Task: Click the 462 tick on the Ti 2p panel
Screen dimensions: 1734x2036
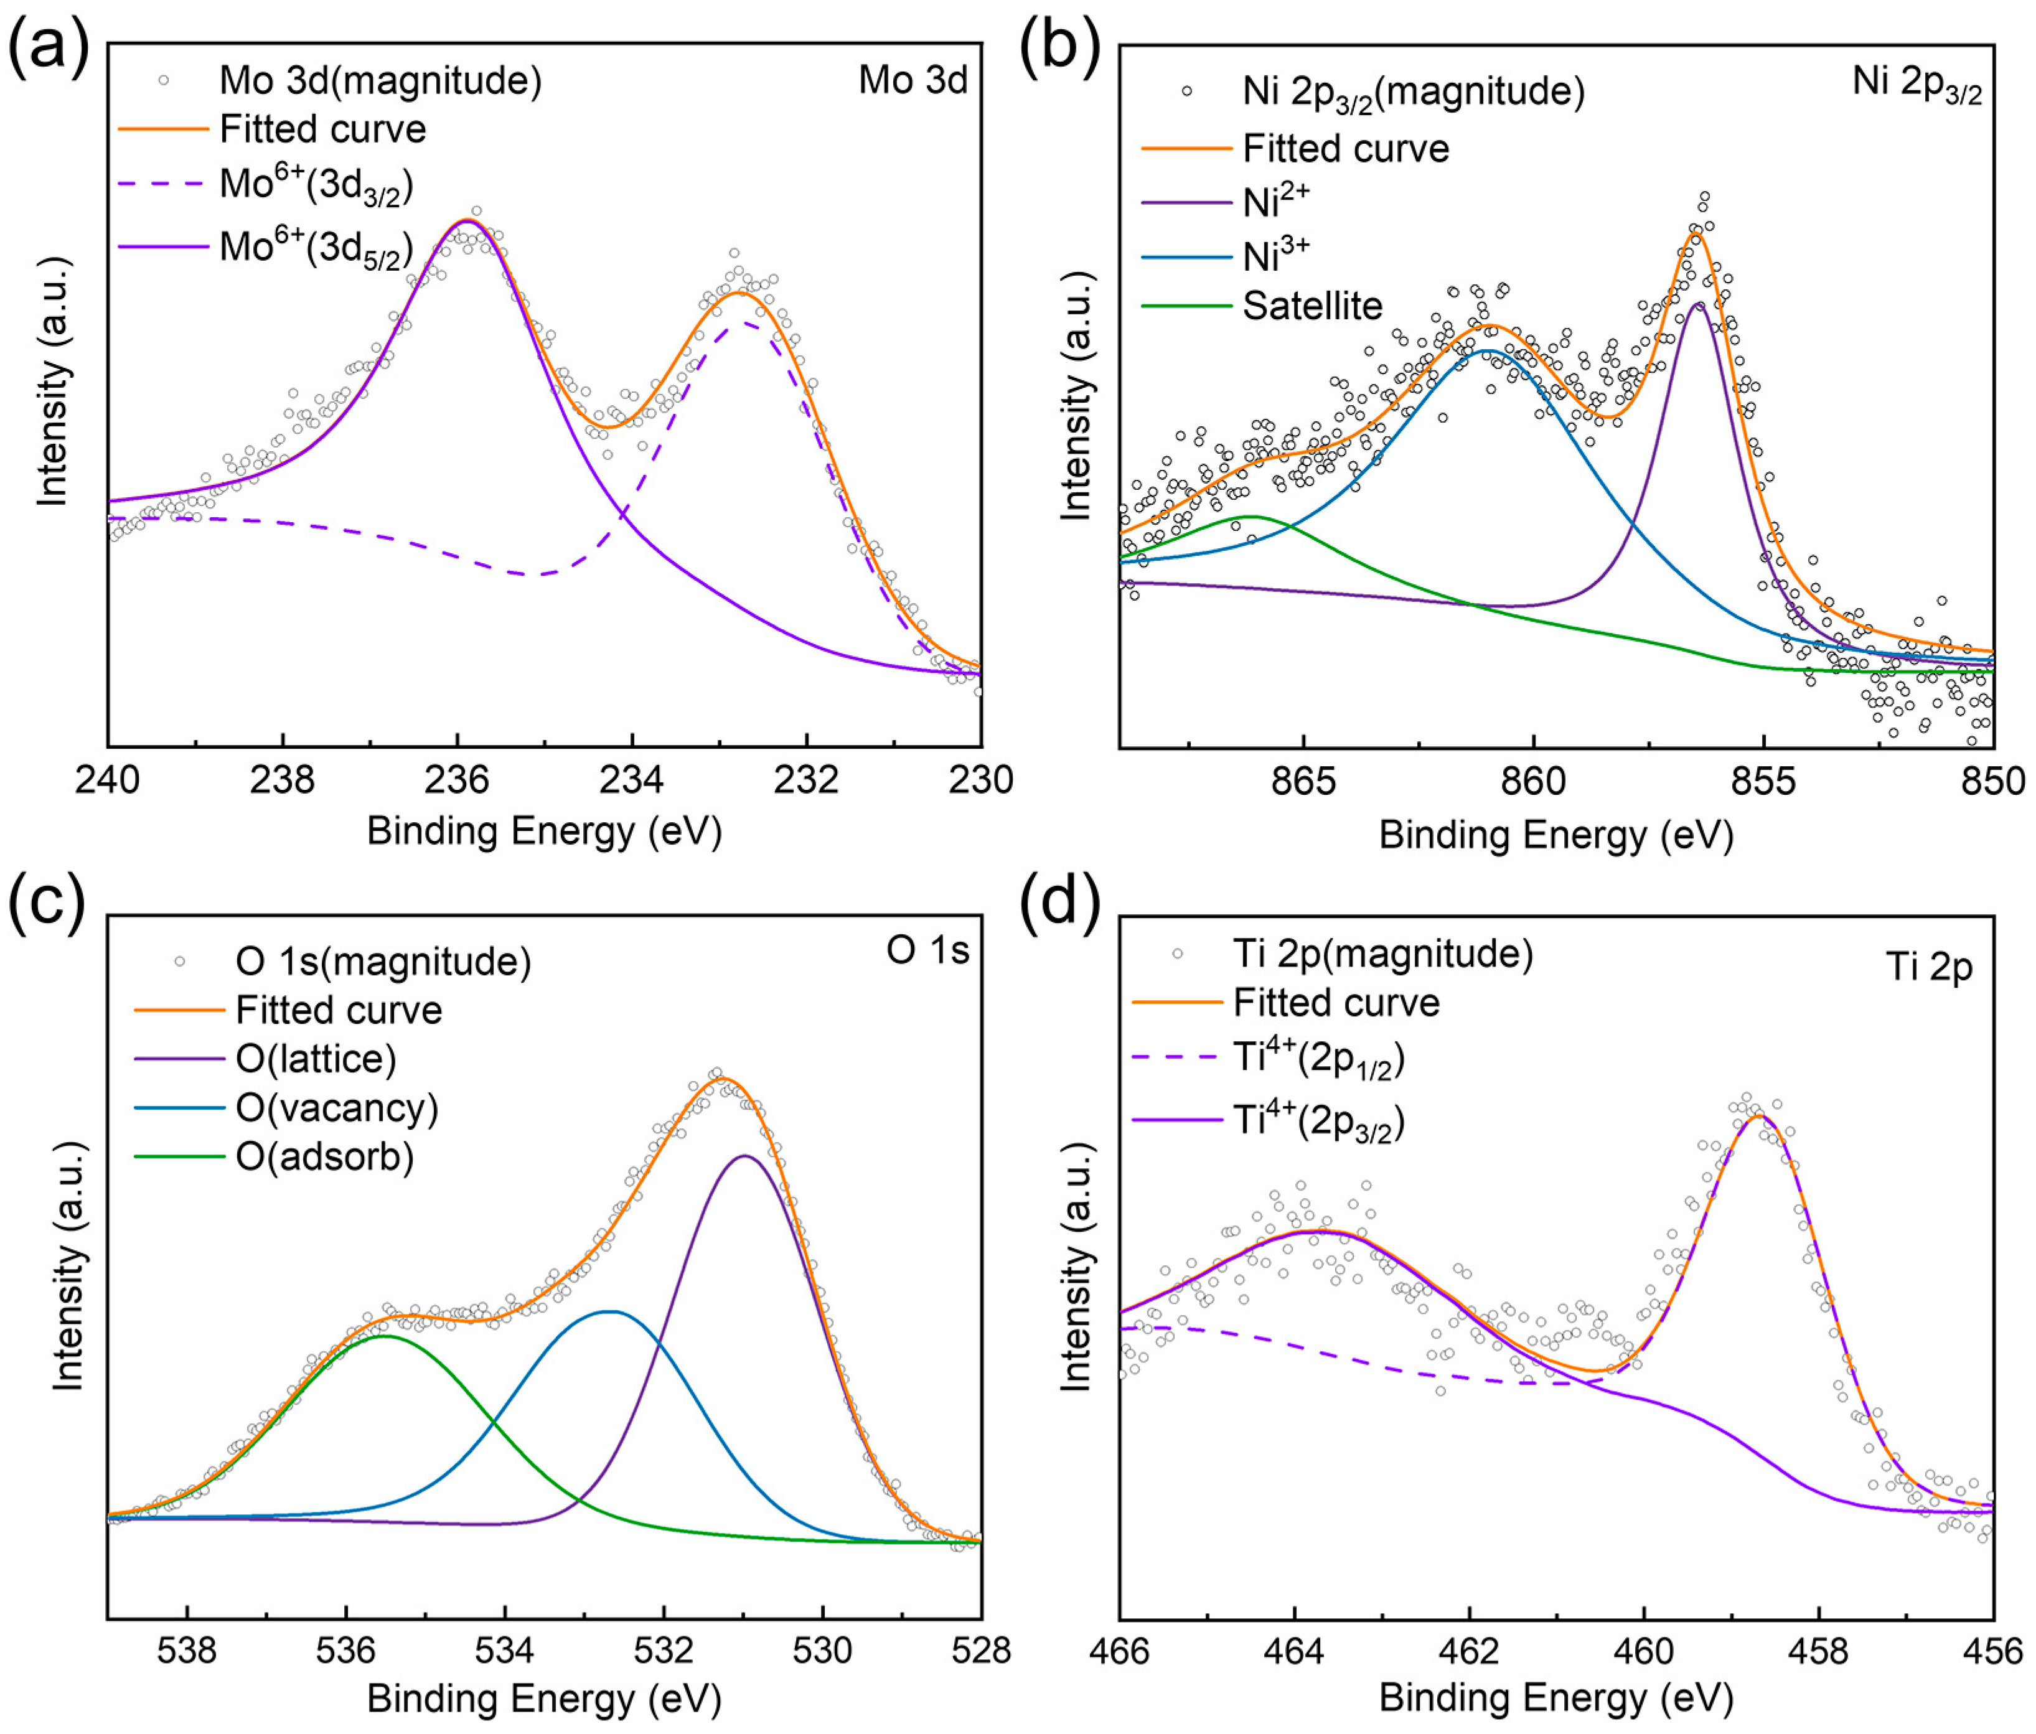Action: (1469, 1651)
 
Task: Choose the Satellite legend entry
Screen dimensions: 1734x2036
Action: (1312, 306)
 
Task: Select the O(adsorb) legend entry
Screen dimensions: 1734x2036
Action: (324, 1157)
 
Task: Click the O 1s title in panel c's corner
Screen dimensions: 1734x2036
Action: (927, 950)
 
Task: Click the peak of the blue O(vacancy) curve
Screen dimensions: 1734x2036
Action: (609, 1311)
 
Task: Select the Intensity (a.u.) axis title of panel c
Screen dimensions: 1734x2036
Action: (67, 1267)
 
